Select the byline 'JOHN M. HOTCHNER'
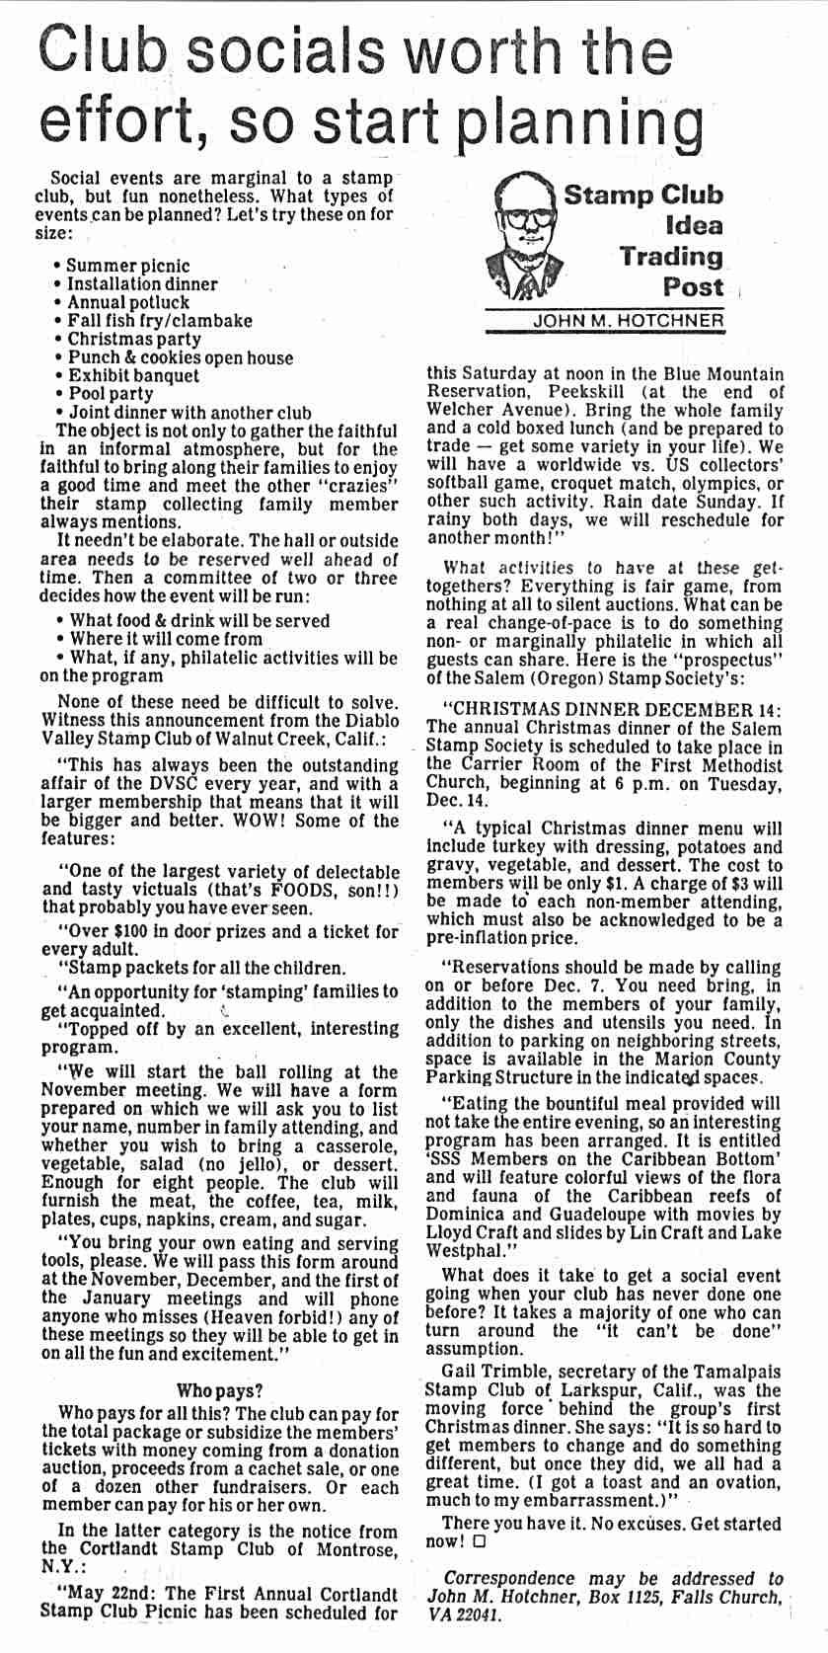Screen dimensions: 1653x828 click(x=628, y=321)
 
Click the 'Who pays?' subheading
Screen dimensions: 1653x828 click(x=219, y=1391)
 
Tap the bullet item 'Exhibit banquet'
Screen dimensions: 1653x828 click(x=133, y=375)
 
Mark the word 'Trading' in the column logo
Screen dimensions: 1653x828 click(x=671, y=257)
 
